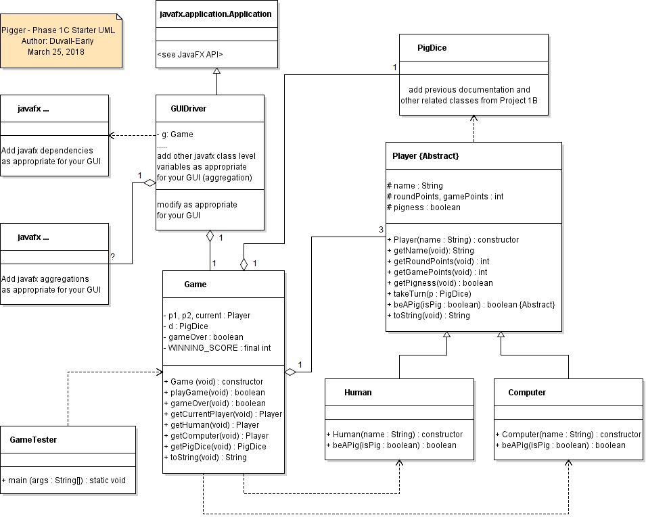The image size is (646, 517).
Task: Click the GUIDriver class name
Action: [189, 108]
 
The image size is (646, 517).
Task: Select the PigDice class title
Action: [432, 48]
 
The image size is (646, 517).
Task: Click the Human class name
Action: [358, 392]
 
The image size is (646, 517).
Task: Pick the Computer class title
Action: [526, 392]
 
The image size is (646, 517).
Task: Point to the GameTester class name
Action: [33, 439]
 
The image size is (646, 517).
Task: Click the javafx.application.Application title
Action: [216, 14]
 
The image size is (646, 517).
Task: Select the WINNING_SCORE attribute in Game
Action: [217, 348]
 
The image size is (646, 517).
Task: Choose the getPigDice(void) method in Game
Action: [215, 447]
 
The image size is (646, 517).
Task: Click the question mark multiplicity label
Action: [112, 257]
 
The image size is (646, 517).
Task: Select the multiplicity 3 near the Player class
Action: [381, 230]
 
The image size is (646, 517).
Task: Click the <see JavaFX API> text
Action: [189, 54]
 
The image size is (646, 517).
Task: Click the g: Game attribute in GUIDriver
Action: [178, 134]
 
